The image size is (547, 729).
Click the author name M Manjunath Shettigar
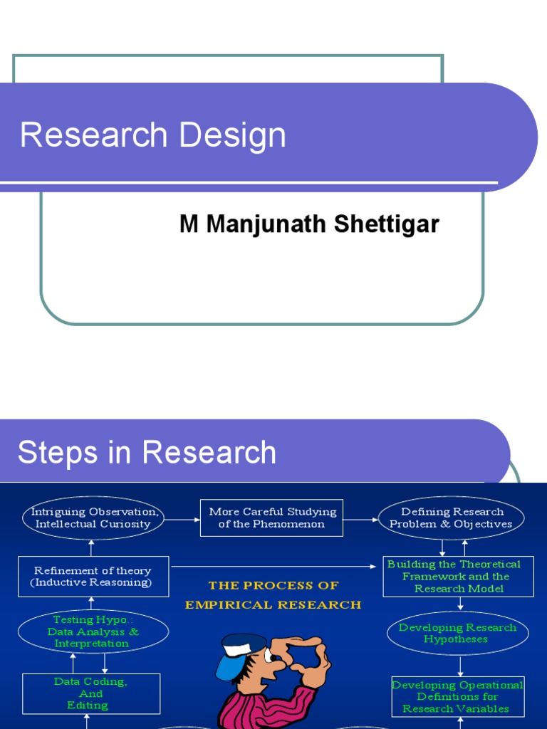click(309, 224)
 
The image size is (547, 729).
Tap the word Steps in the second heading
click(57, 453)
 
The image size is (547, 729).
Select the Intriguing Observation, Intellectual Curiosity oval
click(93, 518)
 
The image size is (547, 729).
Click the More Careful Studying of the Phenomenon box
click(272, 518)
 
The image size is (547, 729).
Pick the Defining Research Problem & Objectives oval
click(452, 518)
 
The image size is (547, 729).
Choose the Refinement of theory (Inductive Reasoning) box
click(93, 576)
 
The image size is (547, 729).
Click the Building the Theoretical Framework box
click(458, 576)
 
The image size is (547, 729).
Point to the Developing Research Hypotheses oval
click(457, 633)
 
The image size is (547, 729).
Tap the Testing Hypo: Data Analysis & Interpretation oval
click(93, 631)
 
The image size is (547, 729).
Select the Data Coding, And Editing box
click(91, 693)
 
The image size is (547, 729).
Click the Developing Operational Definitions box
click(458, 696)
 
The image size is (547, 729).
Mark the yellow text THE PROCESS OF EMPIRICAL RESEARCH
click(273, 595)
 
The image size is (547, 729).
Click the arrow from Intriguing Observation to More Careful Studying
click(183, 519)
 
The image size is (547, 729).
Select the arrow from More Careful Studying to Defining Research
click(360, 519)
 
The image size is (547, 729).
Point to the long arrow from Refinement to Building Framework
click(274, 567)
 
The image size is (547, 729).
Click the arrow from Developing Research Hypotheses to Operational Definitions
click(460, 666)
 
